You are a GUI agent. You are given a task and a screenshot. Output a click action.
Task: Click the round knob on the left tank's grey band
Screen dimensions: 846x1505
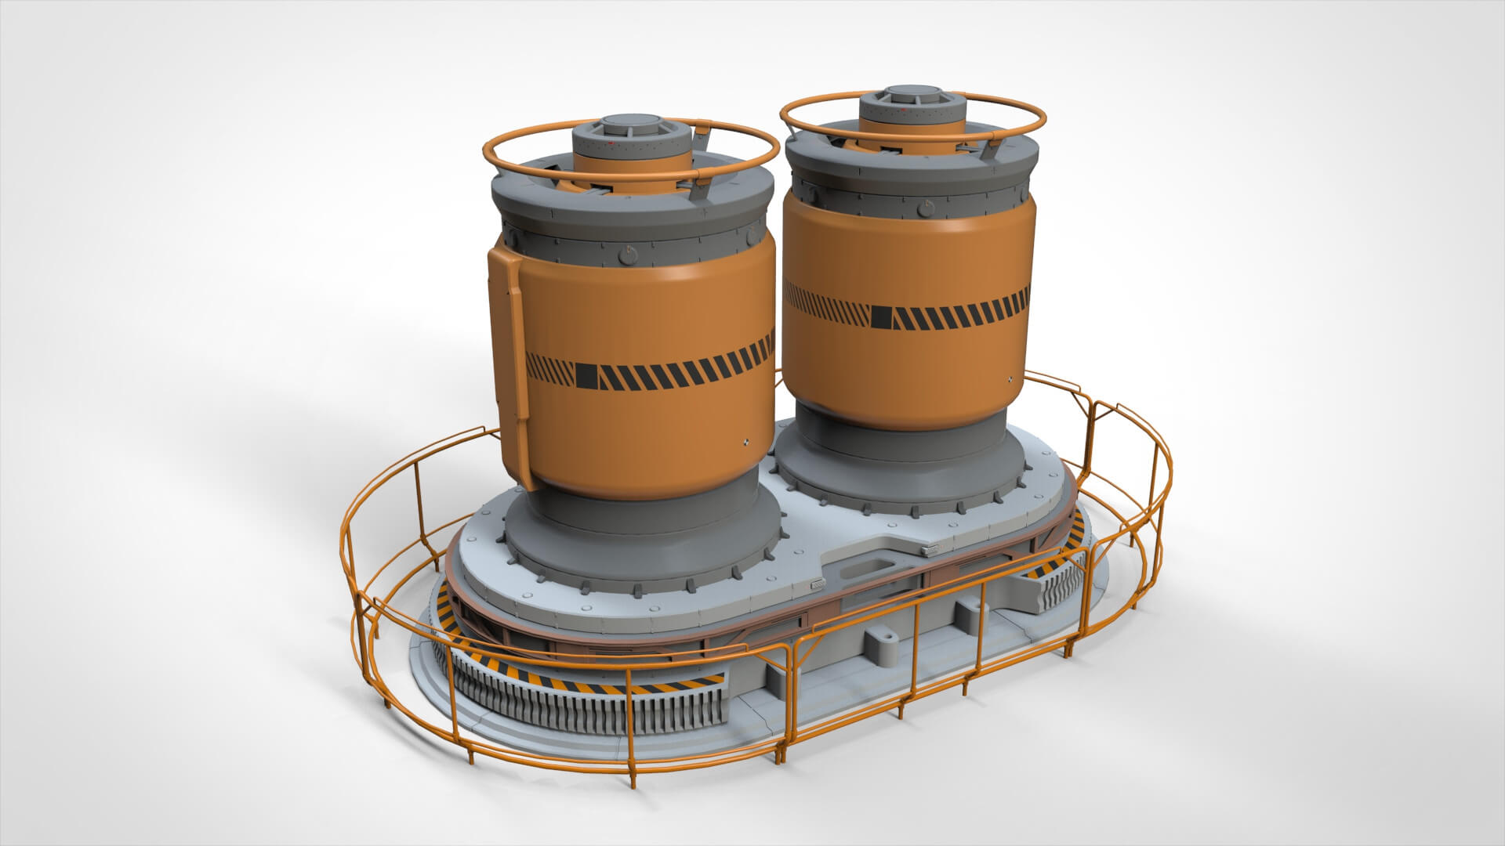click(x=626, y=254)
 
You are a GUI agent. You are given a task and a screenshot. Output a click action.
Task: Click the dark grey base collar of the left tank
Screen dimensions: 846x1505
click(x=643, y=540)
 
